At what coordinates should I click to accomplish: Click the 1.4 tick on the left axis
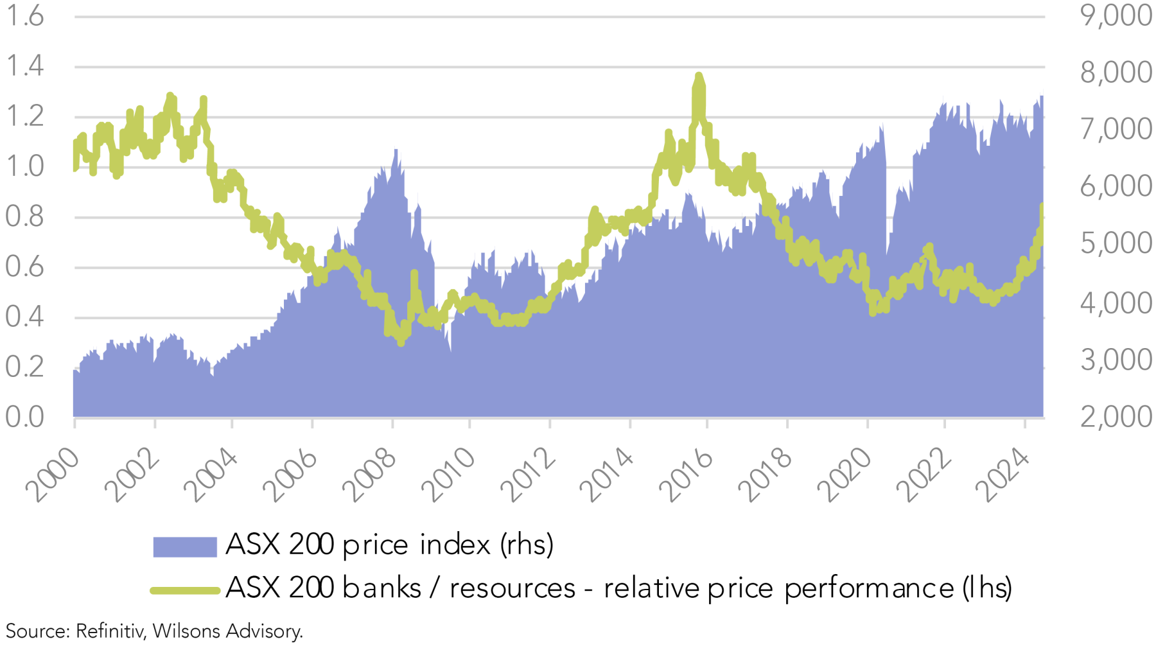[24, 66]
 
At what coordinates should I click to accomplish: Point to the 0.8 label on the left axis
[24, 216]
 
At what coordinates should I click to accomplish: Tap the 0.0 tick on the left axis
[24, 417]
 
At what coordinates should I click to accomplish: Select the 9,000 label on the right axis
[1116, 15]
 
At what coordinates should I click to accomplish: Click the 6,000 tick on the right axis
[1116, 186]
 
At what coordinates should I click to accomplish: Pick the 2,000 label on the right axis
[1116, 417]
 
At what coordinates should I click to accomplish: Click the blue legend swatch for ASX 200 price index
[185, 546]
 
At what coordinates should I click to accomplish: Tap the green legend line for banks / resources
[185, 590]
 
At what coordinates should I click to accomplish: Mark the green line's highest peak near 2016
[699, 76]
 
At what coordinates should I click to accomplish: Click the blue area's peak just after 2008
[396, 150]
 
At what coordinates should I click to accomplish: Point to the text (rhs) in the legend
[527, 545]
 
